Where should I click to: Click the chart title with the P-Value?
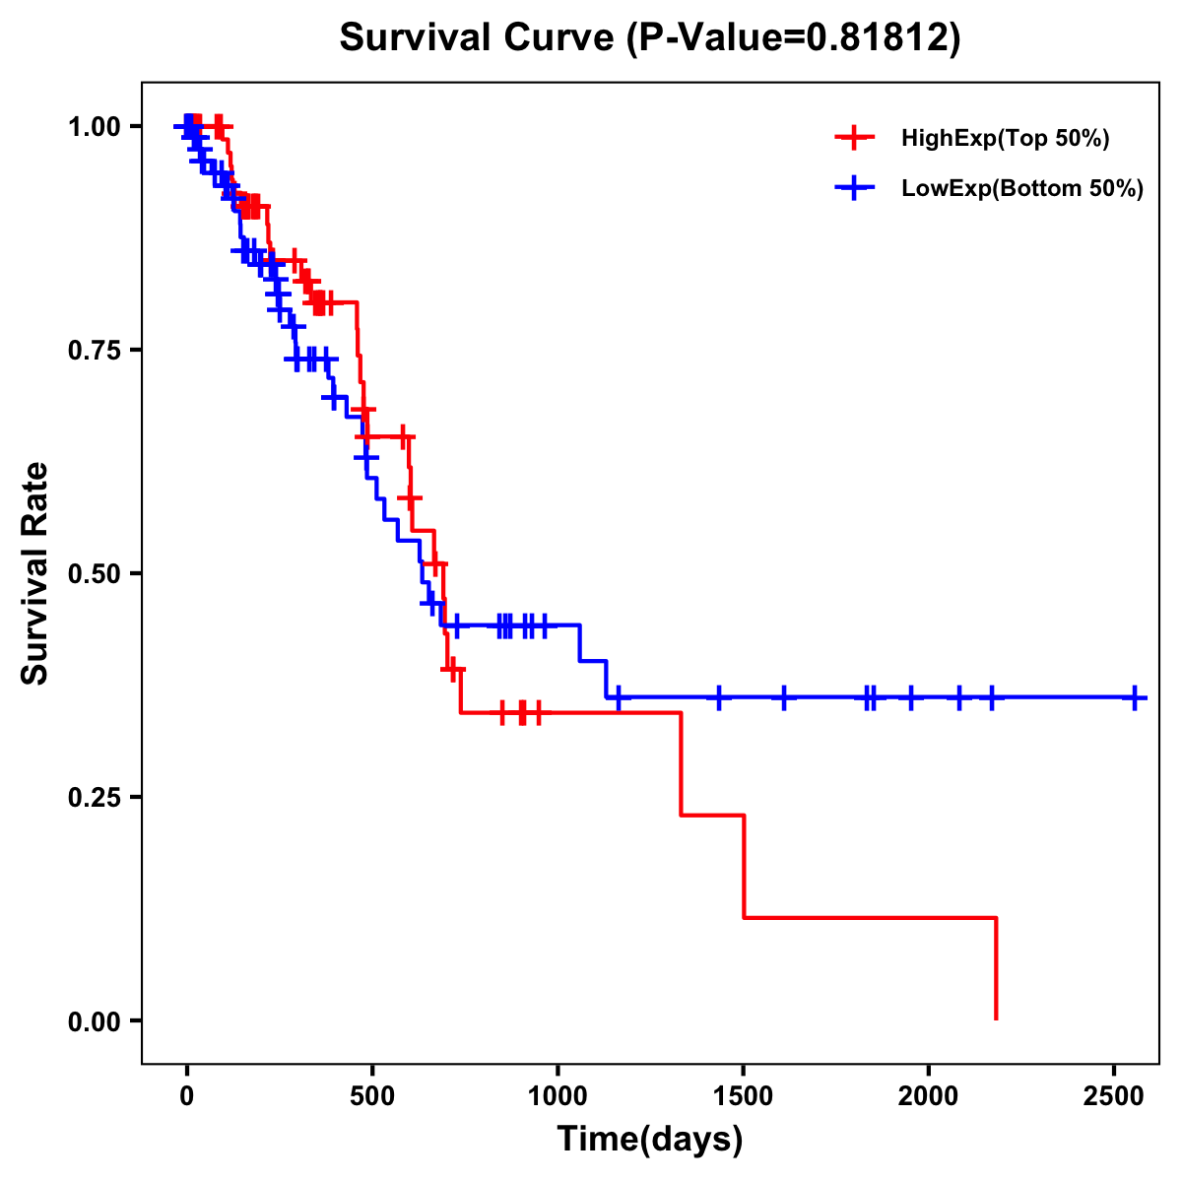[649, 38]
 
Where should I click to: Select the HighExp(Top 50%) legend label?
[1005, 139]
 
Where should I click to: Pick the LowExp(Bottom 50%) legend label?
[1022, 189]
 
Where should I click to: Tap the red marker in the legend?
[854, 138]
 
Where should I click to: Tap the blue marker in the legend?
[854, 188]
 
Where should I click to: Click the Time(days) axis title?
[649, 1140]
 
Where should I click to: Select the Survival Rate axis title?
[35, 572]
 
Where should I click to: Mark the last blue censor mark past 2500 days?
[1135, 697]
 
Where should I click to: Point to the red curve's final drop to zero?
[997, 970]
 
